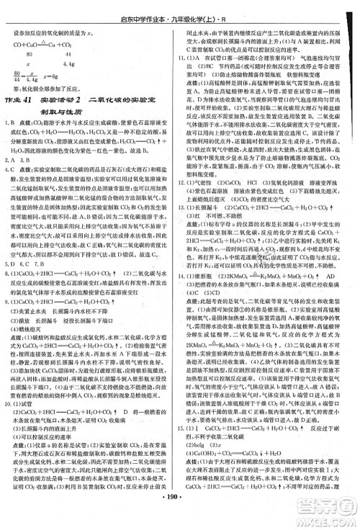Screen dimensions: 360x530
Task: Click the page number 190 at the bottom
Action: (x=180, y=515)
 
